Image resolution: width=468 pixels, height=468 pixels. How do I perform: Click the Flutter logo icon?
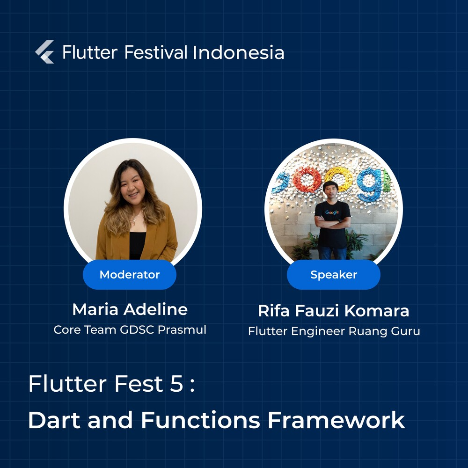(x=44, y=52)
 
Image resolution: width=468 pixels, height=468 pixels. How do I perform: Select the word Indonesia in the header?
(x=238, y=52)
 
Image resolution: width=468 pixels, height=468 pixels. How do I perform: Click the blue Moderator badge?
(x=130, y=275)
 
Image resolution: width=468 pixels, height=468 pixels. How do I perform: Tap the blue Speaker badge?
(x=334, y=275)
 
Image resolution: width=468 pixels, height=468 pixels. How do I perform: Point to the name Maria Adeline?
(x=130, y=309)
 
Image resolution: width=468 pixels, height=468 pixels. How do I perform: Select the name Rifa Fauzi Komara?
(x=334, y=310)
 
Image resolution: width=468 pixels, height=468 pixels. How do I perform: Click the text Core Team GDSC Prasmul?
(x=130, y=329)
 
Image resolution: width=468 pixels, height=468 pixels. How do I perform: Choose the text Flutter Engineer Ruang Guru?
(x=334, y=331)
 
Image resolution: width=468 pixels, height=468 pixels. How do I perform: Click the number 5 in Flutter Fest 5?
(x=177, y=384)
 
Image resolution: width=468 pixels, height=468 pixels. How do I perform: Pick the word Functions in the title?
(x=200, y=420)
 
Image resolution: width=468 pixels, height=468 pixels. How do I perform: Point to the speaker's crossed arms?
(x=332, y=221)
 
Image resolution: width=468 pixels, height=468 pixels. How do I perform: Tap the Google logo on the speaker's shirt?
(x=332, y=212)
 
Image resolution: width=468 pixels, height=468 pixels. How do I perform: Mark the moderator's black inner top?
(x=137, y=245)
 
